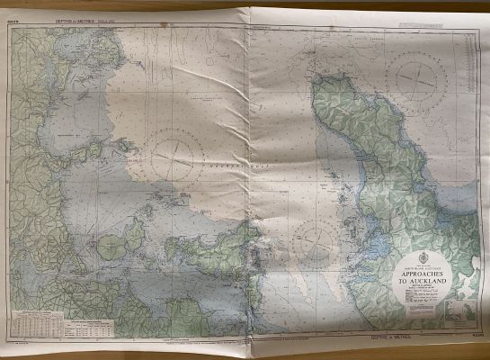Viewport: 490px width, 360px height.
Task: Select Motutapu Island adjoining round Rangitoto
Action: click(136, 236)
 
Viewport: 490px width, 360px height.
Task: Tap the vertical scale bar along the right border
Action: click(480, 180)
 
